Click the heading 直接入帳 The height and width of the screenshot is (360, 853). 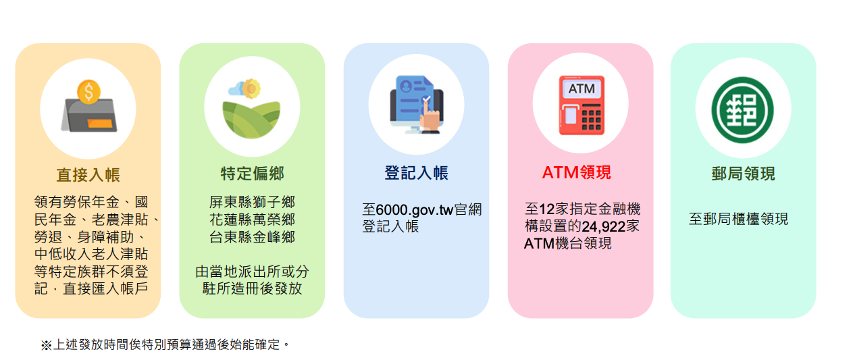click(88, 175)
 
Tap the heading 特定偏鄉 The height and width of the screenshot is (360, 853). click(252, 174)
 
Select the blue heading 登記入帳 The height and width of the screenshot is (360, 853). click(416, 173)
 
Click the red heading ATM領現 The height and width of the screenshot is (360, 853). click(577, 172)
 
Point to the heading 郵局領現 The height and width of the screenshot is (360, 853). click(743, 174)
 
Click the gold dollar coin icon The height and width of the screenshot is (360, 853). click(88, 92)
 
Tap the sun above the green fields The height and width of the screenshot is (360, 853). click(251, 88)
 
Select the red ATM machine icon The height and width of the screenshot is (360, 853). click(581, 105)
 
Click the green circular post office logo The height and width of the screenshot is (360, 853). click(742, 109)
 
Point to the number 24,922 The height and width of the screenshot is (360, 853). click(604, 227)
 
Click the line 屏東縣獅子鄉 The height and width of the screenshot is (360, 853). click(252, 202)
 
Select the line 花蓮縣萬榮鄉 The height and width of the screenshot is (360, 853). click(252, 220)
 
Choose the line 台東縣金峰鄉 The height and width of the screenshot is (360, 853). click(252, 237)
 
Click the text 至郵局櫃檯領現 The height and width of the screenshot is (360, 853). click(738, 219)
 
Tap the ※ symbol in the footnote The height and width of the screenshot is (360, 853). click(46, 345)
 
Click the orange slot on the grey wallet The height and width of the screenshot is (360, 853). click(100, 124)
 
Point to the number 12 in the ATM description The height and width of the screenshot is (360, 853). click(547, 209)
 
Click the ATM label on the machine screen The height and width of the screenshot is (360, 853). click(581, 88)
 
